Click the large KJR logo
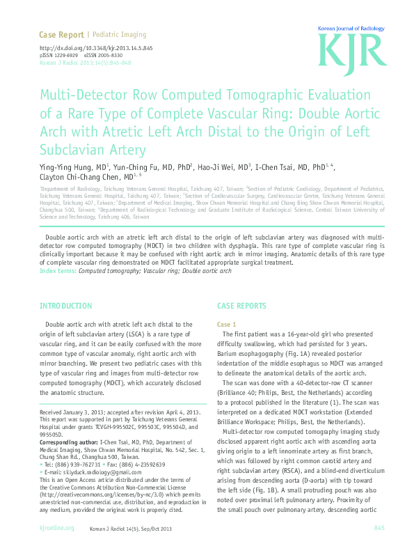pyautogui.click(x=352, y=50)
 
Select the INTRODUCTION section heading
pyautogui.click(x=65, y=306)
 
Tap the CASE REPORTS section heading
pyautogui.click(x=241, y=306)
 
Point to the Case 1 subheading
pyautogui.click(x=227, y=325)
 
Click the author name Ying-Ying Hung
pyautogui.click(x=63, y=167)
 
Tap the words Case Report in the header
pyautogui.click(x=61, y=34)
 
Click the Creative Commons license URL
pyautogui.click(x=94, y=485)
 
